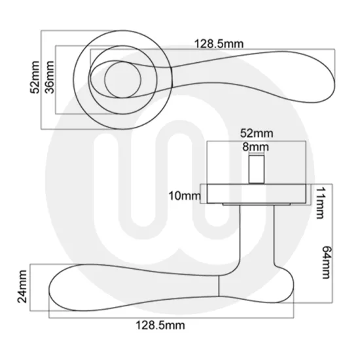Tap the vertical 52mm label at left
click(x=35, y=79)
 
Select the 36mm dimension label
click(x=48, y=79)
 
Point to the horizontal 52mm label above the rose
click(x=256, y=134)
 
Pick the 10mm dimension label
click(x=184, y=195)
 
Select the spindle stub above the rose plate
click(x=257, y=170)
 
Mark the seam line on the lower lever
click(x=217, y=286)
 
